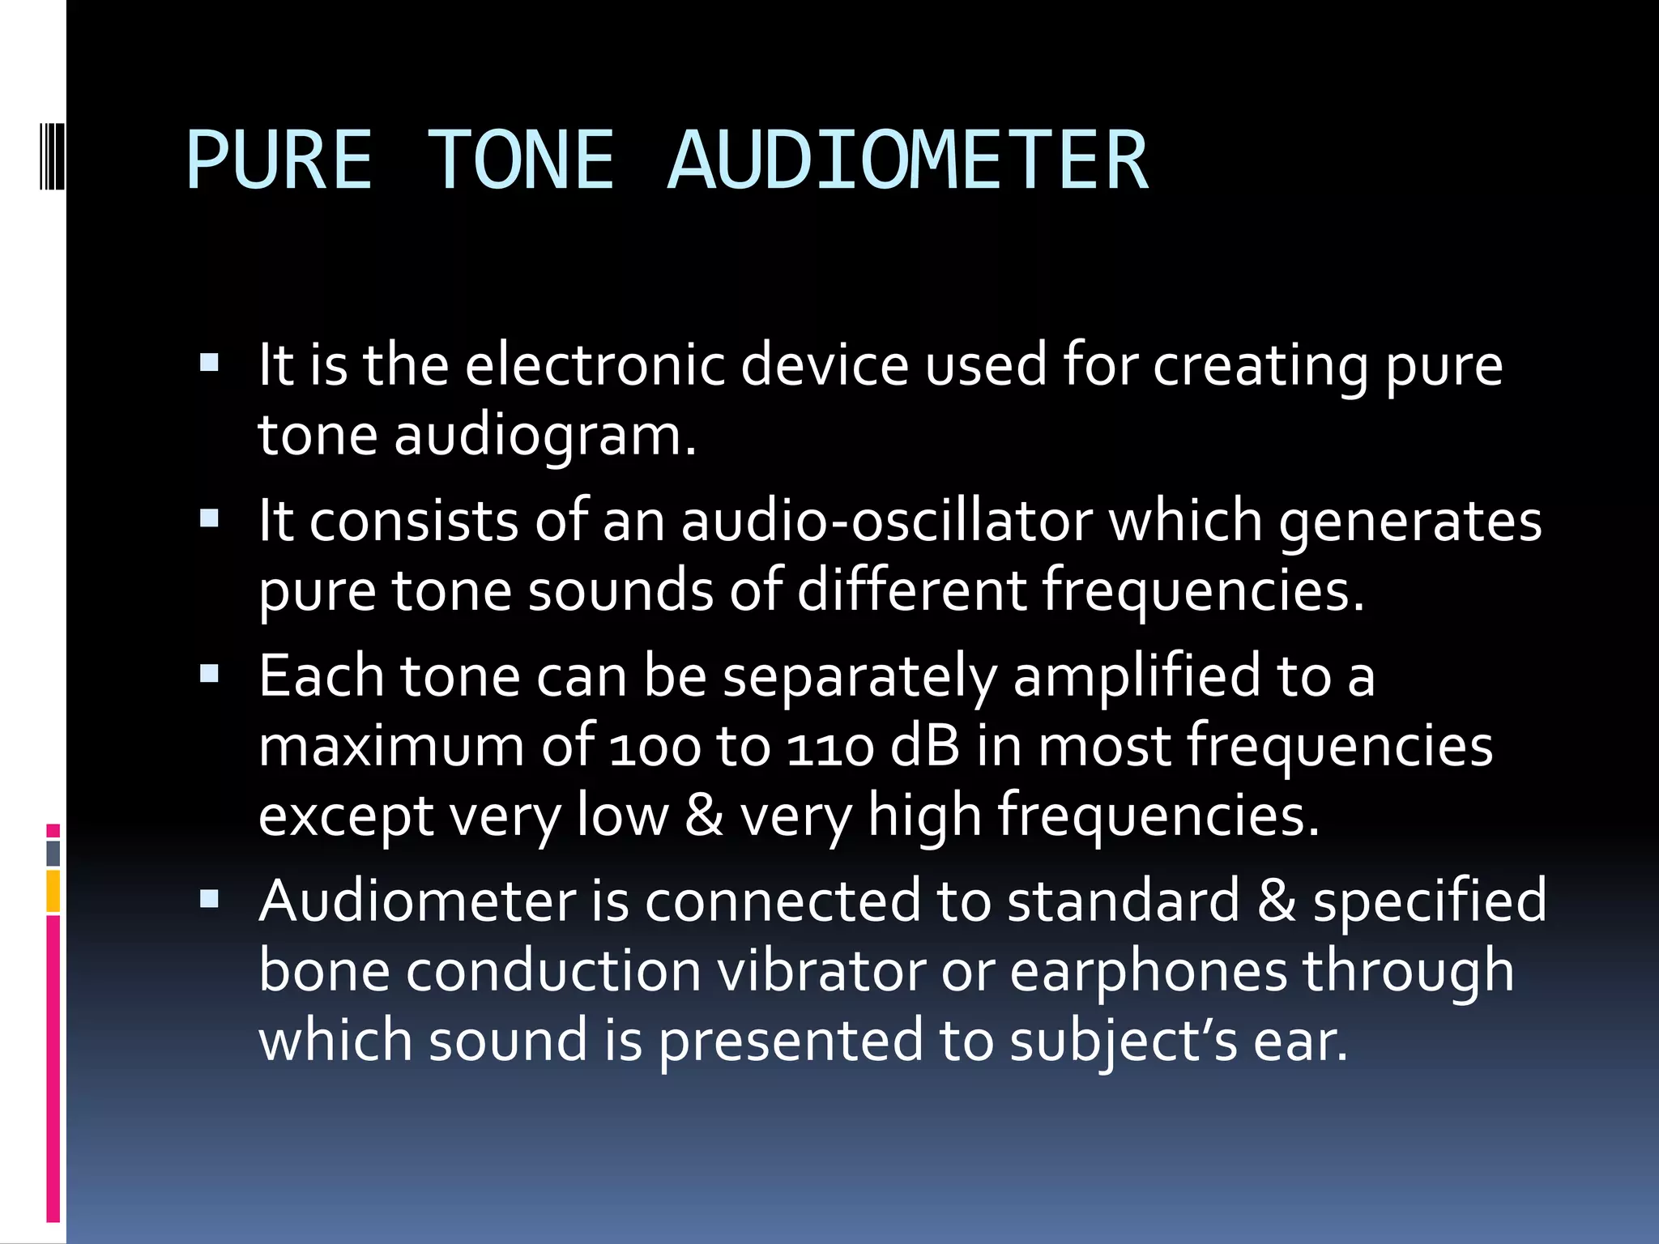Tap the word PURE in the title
279,160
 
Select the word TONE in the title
520,160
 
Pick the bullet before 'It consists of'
209,518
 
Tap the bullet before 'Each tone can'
209,673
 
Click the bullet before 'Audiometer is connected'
209,898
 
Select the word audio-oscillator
886,521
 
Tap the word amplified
1137,676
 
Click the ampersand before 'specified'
1276,901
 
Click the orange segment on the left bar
53,891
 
